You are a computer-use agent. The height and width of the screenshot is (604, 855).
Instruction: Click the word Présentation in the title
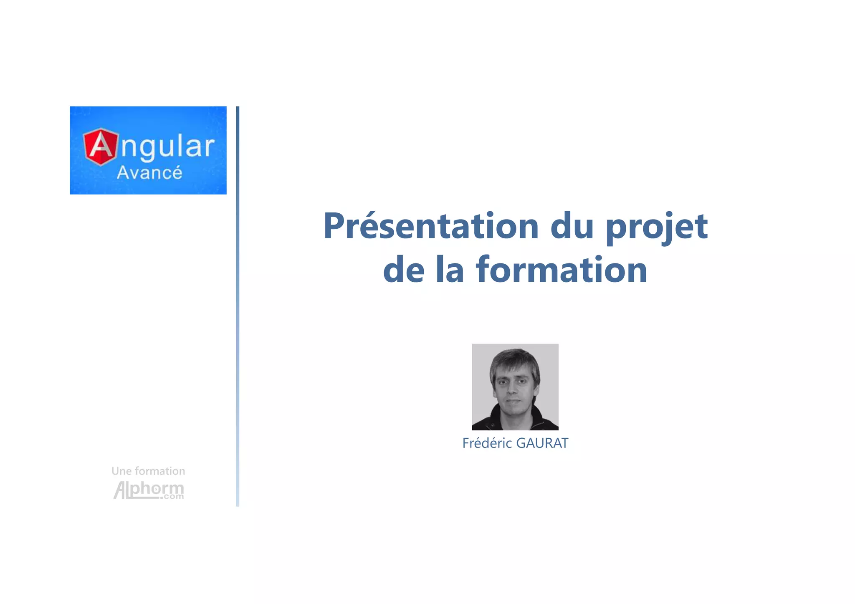[x=431, y=226]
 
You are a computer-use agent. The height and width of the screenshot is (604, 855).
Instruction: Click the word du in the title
[x=572, y=226]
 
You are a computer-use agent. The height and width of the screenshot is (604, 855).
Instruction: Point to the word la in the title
[x=450, y=270]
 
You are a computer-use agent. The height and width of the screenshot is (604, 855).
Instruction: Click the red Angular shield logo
[x=101, y=147]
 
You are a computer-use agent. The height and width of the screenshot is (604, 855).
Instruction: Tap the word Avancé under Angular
[x=149, y=173]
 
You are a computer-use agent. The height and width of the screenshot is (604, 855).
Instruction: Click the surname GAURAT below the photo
[x=542, y=443]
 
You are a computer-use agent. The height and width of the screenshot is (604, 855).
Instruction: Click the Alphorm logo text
[x=149, y=490]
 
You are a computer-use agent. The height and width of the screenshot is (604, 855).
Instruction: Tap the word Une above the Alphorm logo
[x=121, y=471]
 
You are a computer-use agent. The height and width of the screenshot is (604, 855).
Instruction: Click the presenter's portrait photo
[x=515, y=387]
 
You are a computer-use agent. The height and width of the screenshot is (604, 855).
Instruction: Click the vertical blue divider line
[x=238, y=306]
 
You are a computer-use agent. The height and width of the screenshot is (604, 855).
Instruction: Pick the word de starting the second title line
[x=404, y=270]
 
